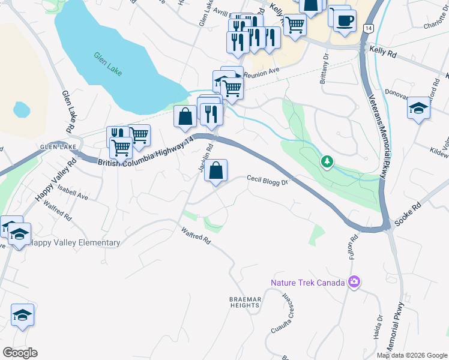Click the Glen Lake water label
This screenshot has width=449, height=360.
pyautogui.click(x=108, y=64)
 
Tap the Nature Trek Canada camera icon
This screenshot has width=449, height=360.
pyautogui.click(x=354, y=282)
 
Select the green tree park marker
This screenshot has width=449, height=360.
pyautogui.click(x=327, y=161)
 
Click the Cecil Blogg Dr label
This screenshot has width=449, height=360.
pyautogui.click(x=268, y=179)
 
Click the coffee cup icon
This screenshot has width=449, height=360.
pyautogui.click(x=345, y=20)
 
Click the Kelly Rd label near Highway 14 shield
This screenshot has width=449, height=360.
pyautogui.click(x=384, y=53)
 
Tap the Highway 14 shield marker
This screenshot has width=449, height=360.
pyautogui.click(x=368, y=29)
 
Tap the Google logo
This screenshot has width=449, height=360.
pyautogui.click(x=20, y=353)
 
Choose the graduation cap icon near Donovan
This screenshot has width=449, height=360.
pyautogui.click(x=418, y=109)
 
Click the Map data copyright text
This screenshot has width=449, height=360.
pyautogui.click(x=412, y=355)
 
